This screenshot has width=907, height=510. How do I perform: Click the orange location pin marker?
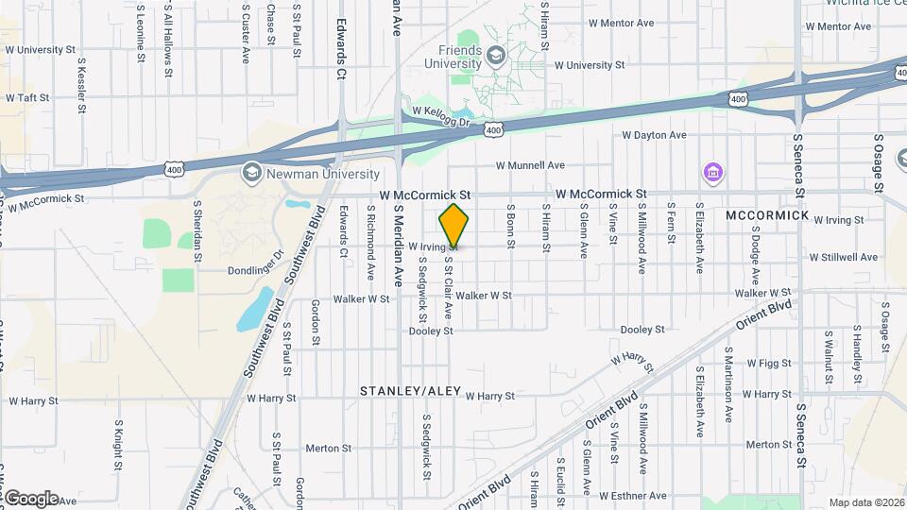click(x=453, y=225)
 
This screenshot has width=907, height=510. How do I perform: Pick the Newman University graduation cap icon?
click(x=251, y=173)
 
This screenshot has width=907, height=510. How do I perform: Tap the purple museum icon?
click(x=711, y=173)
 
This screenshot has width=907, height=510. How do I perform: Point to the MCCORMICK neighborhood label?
click(x=767, y=215)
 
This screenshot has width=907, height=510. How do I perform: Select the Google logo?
click(x=31, y=498)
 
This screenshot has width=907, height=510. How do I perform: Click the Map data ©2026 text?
click(x=867, y=501)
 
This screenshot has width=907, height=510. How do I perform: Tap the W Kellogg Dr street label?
click(x=435, y=113)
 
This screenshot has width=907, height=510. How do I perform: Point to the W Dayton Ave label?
click(x=653, y=135)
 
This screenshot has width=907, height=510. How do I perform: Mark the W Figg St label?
click(x=768, y=363)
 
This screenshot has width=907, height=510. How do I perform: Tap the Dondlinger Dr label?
click(x=255, y=270)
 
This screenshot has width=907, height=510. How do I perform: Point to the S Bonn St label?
click(x=510, y=228)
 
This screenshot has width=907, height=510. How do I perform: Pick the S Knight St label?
click(x=119, y=446)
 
